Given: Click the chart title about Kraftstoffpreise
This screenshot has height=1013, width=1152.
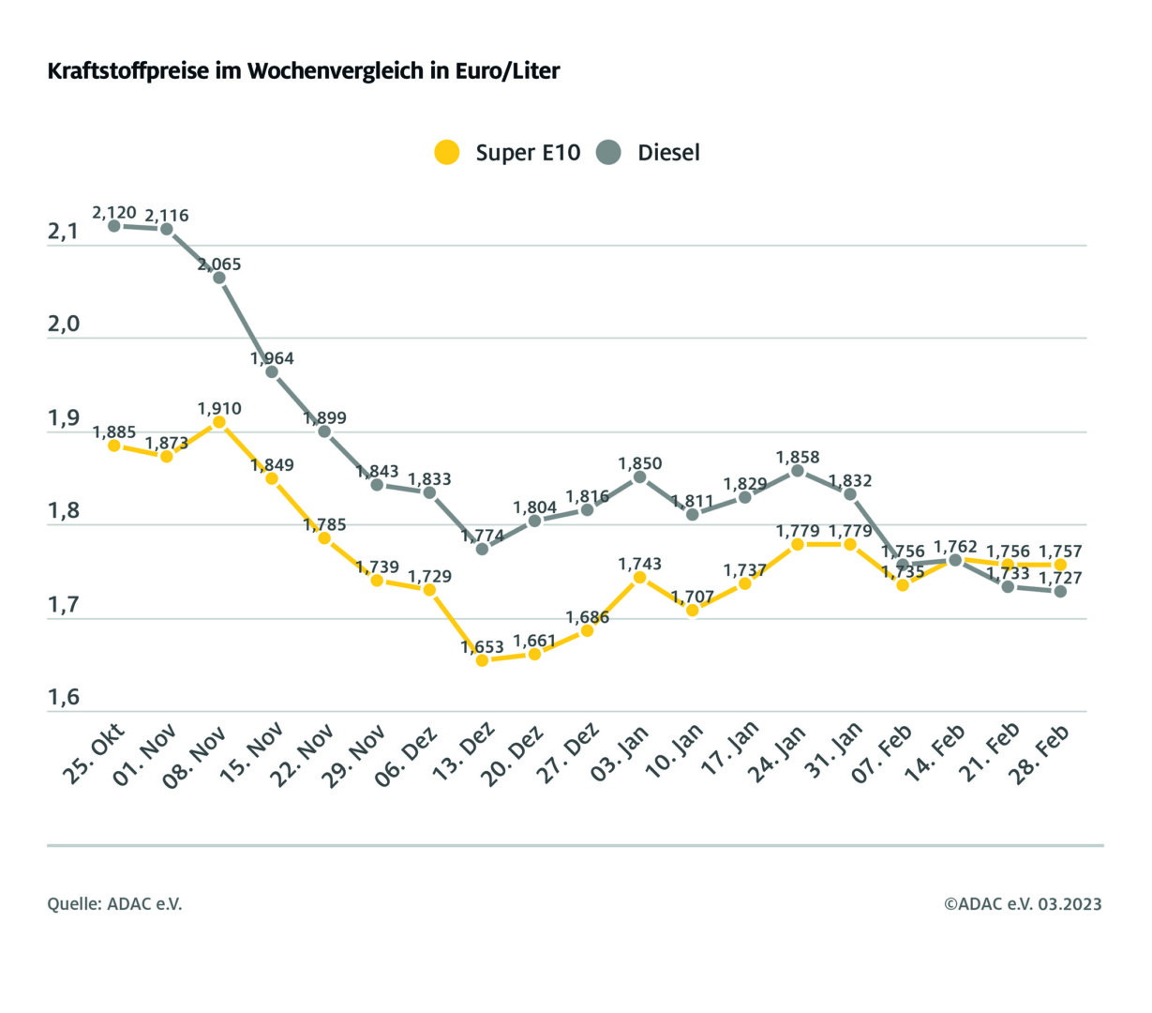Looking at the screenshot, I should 304,71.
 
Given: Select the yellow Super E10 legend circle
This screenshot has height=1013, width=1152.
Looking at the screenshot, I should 447,152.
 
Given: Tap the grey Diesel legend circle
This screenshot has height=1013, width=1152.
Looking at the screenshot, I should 609,152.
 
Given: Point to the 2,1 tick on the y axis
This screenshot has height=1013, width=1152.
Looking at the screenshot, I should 63,232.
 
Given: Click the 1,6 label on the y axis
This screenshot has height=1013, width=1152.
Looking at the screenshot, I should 63,698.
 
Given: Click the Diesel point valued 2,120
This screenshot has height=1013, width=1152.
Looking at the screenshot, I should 114,226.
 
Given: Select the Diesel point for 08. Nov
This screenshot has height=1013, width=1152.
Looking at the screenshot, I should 219,278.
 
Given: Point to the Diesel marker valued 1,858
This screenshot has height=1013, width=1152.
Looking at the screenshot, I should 798,471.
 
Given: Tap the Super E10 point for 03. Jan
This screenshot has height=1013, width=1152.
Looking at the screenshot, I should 640,578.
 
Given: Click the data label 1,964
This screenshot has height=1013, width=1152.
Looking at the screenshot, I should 272,358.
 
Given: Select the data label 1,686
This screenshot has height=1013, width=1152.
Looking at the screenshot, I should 588,617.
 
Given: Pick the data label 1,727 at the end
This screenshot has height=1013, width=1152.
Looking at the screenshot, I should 1060,578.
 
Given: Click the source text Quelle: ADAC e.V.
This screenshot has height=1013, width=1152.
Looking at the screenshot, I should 114,904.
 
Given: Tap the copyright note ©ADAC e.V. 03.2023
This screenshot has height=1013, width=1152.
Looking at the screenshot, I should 1023,904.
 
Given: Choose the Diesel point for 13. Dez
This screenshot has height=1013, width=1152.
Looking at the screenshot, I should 483,549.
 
